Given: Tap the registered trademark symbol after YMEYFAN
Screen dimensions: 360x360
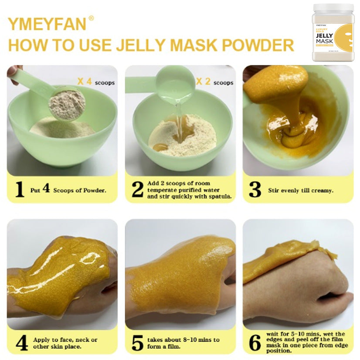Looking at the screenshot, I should coord(91,18).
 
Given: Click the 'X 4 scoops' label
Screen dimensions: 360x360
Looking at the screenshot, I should coord(96,82).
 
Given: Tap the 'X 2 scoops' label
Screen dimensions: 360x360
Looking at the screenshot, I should coord(214,82).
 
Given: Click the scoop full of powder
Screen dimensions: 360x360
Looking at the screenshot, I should coord(66,104).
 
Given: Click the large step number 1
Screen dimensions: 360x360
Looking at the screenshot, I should coord(20,190).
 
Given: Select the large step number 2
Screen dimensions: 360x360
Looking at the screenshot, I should coord(137,190).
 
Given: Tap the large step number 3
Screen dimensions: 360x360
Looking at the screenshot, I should coord(255,190).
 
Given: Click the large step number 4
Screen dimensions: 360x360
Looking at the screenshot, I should coord(20,343).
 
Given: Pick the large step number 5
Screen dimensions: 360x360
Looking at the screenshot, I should coord(137,343).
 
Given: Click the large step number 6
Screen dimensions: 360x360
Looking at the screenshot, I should coord(255,343).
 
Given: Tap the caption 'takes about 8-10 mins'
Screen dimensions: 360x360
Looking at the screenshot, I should coord(183,340).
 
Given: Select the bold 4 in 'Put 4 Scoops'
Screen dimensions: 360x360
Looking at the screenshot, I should coord(46,189).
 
